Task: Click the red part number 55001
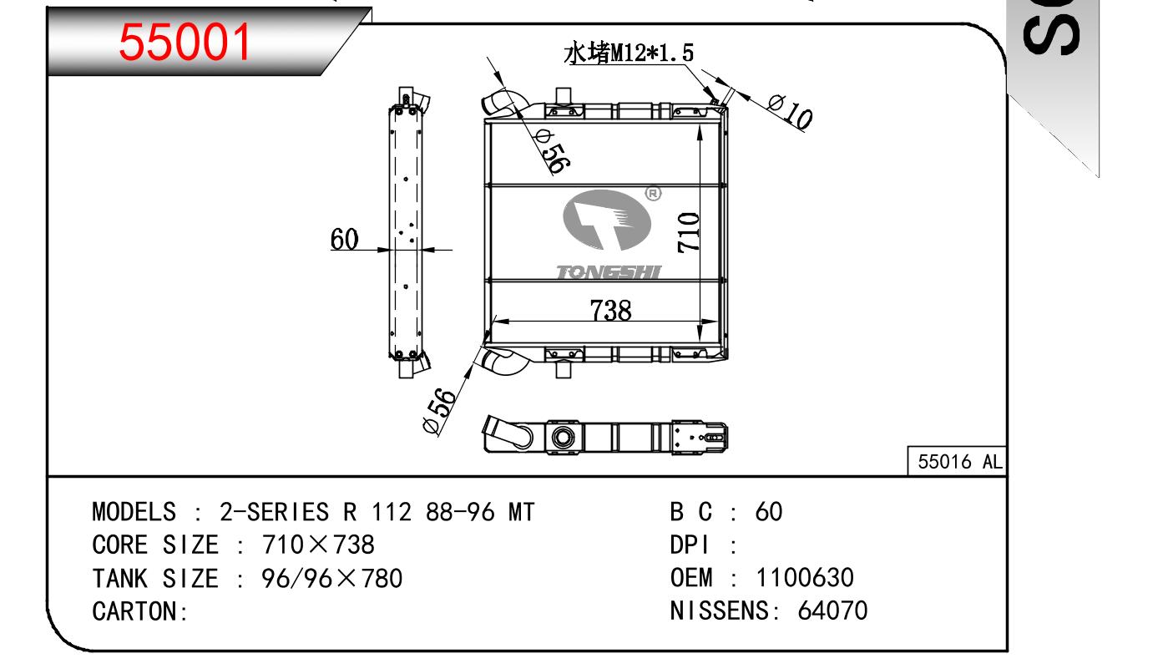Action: coord(185,42)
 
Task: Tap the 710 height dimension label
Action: coord(689,232)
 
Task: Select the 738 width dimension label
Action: coord(610,310)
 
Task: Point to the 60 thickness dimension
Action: coord(344,240)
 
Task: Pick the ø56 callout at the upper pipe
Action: coord(553,152)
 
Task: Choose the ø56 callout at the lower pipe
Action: coord(439,410)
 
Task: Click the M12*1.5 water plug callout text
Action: coord(629,53)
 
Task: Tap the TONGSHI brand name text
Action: coord(609,272)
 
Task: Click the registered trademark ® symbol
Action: coord(654,194)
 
